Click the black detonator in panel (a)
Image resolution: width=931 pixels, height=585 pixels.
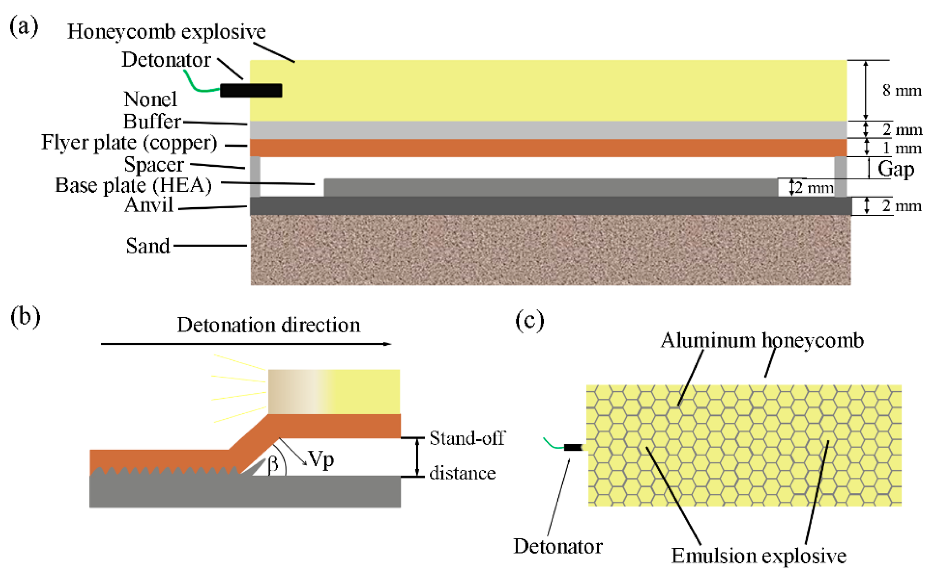tap(251, 90)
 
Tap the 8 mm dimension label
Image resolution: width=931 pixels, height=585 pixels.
tap(901, 90)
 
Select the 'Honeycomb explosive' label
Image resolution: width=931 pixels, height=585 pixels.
tap(166, 32)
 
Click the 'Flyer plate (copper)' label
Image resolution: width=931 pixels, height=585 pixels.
tap(129, 142)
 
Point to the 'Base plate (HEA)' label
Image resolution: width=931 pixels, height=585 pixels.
tap(133, 185)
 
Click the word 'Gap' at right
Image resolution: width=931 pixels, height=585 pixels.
tap(896, 169)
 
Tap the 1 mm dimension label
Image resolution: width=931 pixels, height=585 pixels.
tap(901, 148)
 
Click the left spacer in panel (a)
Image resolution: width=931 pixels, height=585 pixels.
tap(255, 176)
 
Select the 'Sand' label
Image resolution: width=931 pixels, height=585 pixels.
tap(148, 246)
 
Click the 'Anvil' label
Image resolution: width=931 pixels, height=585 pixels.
tap(149, 205)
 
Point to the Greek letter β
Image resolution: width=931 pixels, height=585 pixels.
tap(273, 463)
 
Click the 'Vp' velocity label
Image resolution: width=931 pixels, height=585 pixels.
tap(321, 460)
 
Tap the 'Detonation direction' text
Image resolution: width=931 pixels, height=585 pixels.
tap(268, 325)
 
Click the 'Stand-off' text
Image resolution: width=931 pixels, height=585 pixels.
tap(467, 438)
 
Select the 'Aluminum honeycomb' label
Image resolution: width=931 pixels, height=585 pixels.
tap(762, 341)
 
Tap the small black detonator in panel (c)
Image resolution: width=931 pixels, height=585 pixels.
tap(573, 448)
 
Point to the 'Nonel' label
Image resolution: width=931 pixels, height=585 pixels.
tap(150, 99)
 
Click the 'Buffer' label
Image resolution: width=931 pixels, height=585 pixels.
tap(152, 122)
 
